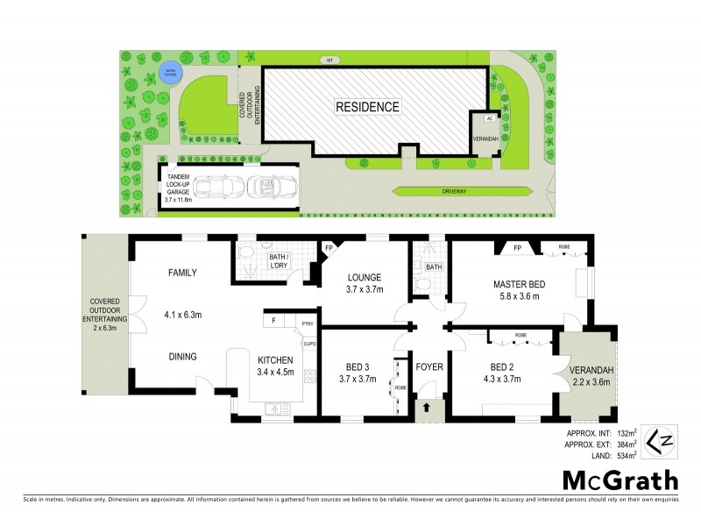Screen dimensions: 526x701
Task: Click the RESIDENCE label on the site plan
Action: tap(367, 107)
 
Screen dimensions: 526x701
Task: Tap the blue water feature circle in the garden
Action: tap(166, 69)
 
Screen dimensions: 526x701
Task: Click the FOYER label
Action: tap(428, 366)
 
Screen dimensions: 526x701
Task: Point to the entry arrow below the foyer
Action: tap(428, 408)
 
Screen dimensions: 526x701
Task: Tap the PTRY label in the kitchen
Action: tap(307, 323)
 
